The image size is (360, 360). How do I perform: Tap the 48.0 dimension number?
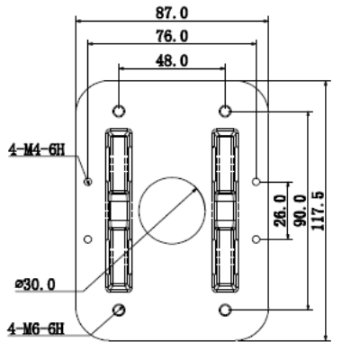pos(172,61)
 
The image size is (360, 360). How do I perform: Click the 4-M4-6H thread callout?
pos(36,150)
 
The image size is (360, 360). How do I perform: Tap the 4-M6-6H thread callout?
pos(36,328)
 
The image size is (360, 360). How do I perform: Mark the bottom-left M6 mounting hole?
pos(119,310)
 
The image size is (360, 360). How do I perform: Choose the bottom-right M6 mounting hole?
pos(225,310)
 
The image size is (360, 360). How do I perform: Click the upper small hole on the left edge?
pos(87,181)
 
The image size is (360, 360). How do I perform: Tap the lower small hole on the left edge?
pos(87,239)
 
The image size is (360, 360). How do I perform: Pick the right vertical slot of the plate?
pos(225,211)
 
